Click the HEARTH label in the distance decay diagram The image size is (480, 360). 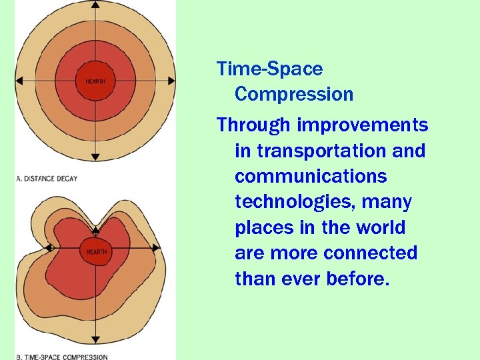[x=95, y=81]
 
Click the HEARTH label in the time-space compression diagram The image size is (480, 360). [x=96, y=252]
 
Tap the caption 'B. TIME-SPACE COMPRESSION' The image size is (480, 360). [x=61, y=357]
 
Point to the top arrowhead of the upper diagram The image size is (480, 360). [x=95, y=5]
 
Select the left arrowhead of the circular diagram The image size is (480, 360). [x=19, y=81]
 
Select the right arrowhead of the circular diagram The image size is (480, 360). [x=171, y=81]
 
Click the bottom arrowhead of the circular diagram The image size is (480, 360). [x=95, y=157]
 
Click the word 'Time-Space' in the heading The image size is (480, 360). [x=269, y=69]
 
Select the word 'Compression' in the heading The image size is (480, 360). [x=294, y=94]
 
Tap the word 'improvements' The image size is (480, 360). [x=363, y=125]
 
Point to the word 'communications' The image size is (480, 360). [x=311, y=177]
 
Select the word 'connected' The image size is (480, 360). [x=370, y=253]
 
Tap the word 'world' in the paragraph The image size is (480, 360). [x=381, y=227]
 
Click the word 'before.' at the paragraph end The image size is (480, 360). [x=357, y=278]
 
